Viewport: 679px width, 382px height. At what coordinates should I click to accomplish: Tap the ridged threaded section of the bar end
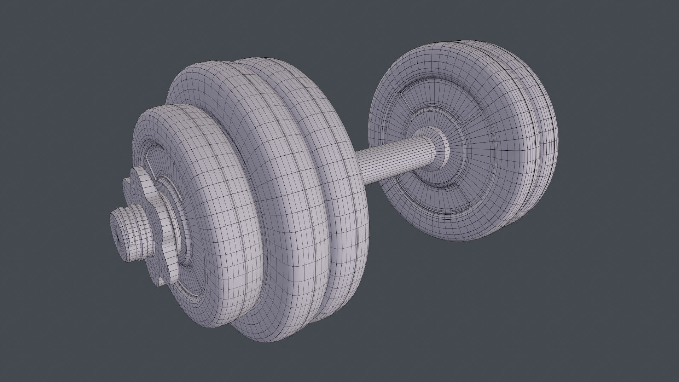[136, 230]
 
